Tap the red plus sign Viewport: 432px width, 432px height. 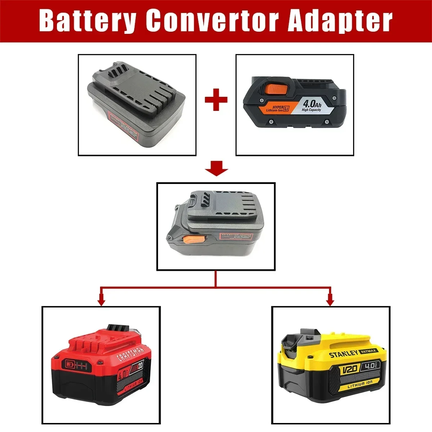(x=216, y=99)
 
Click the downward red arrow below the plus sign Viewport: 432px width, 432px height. (x=216, y=169)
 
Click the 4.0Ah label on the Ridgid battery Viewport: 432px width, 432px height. (x=312, y=103)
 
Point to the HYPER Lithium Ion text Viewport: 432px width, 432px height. (x=278, y=108)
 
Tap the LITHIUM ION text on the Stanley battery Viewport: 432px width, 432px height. (x=360, y=384)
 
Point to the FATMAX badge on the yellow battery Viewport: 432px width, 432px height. (x=368, y=350)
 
